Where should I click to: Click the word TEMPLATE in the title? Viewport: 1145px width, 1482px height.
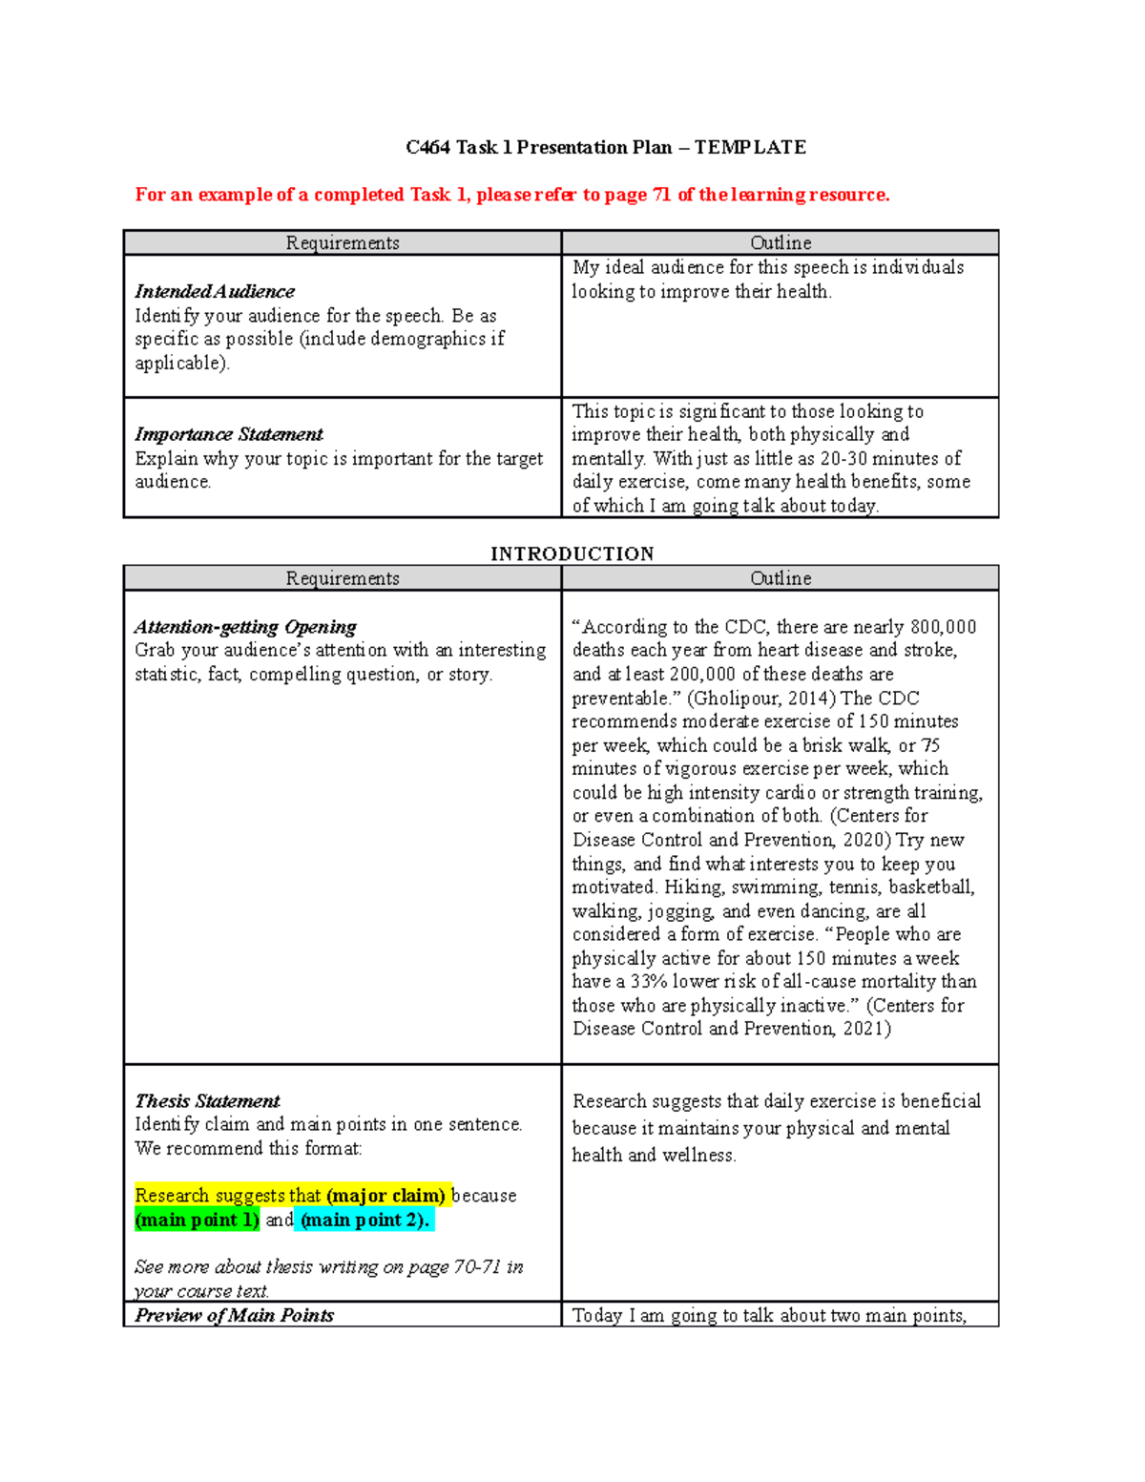pyautogui.click(x=750, y=147)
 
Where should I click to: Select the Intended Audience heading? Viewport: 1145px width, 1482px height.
pyautogui.click(x=215, y=291)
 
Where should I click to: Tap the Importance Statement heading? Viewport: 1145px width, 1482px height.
pyautogui.click(x=229, y=434)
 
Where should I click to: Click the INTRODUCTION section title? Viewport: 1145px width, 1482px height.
pyautogui.click(x=572, y=554)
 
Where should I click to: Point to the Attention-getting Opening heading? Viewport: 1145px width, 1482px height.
pyautogui.click(x=245, y=627)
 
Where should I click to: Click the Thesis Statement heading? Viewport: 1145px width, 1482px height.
pyautogui.click(x=207, y=1101)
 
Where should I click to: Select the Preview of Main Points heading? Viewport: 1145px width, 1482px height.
pyautogui.click(x=235, y=1315)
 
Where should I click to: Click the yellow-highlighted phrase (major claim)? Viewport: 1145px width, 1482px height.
pyautogui.click(x=385, y=1196)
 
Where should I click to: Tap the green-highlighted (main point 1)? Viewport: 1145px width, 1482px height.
pyautogui.click(x=198, y=1220)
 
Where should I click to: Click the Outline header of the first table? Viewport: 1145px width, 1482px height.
pyautogui.click(x=781, y=243)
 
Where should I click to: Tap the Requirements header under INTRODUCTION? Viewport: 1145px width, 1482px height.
pyautogui.click(x=343, y=578)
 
